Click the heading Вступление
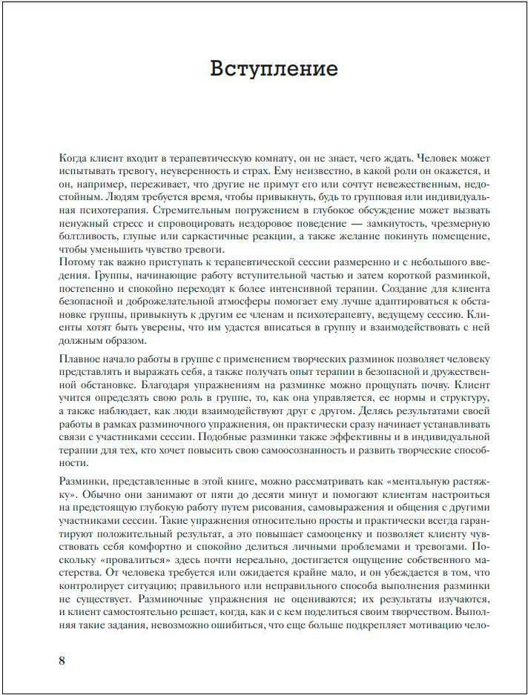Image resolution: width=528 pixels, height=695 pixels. (274, 70)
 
